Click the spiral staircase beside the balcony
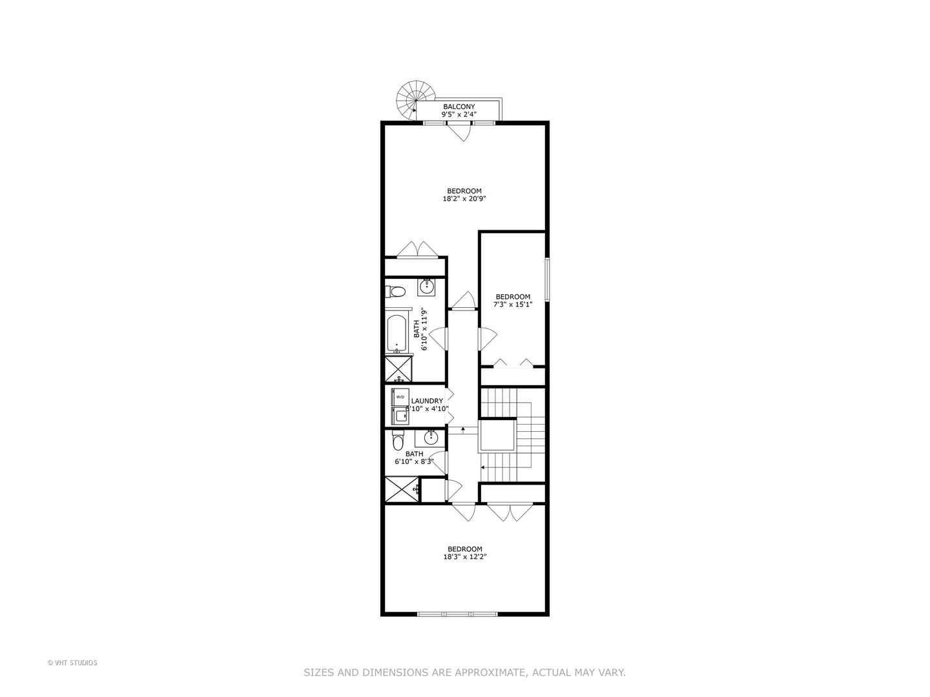[409, 99]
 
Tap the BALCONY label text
[459, 106]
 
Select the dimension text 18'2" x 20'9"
[464, 199]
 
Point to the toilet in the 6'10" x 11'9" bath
[395, 291]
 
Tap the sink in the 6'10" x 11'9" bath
[426, 285]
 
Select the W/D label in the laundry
[400, 396]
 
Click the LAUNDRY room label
[427, 401]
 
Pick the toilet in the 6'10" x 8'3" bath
[398, 442]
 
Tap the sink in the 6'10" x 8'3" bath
[430, 438]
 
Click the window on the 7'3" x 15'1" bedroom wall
[546, 279]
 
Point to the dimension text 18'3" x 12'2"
[464, 557]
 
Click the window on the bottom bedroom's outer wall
[458, 614]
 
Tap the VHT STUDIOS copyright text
[72, 663]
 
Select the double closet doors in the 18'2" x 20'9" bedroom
[418, 250]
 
